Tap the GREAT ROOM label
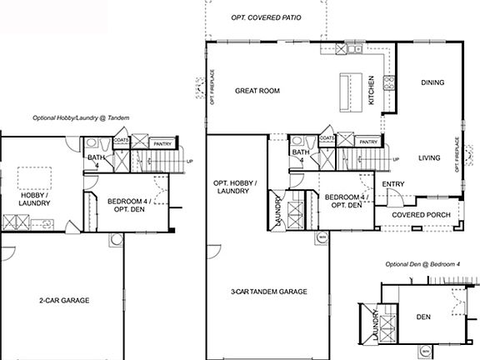pos(257,91)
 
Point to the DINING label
pos(432,82)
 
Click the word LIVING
pos(429,157)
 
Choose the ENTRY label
pos(392,184)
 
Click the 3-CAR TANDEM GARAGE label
pos(268,292)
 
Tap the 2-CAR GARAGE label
pos(64,299)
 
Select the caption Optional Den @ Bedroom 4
pos(422,264)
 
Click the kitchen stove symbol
pos(387,82)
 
